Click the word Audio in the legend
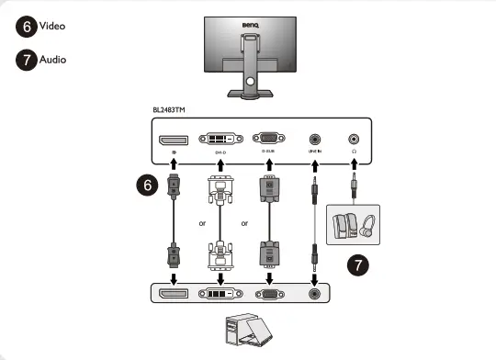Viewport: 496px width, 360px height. click(x=52, y=60)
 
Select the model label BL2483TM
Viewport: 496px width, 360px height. click(x=170, y=109)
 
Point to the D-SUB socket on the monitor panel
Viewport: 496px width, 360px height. click(x=268, y=140)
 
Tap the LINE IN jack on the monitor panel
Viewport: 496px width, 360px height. click(x=315, y=140)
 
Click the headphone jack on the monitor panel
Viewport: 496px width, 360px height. click(x=354, y=140)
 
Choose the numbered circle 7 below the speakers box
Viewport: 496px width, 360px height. click(x=357, y=266)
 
